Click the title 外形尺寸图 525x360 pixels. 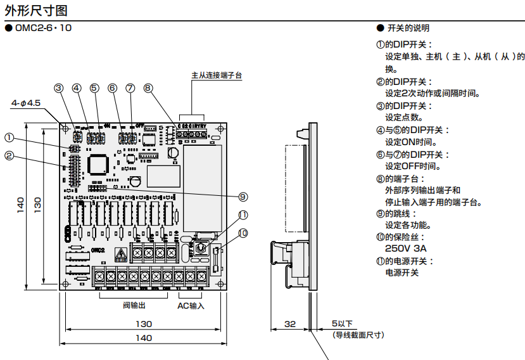tap(34, 10)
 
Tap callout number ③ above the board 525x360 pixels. tap(59, 88)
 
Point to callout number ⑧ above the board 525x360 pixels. tap(148, 88)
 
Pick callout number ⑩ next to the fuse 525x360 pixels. tap(243, 233)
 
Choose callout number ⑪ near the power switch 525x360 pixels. tap(243, 215)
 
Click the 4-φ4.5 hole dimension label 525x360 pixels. tap(26, 102)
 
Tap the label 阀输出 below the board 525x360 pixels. tap(134, 305)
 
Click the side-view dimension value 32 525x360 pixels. tap(290, 324)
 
